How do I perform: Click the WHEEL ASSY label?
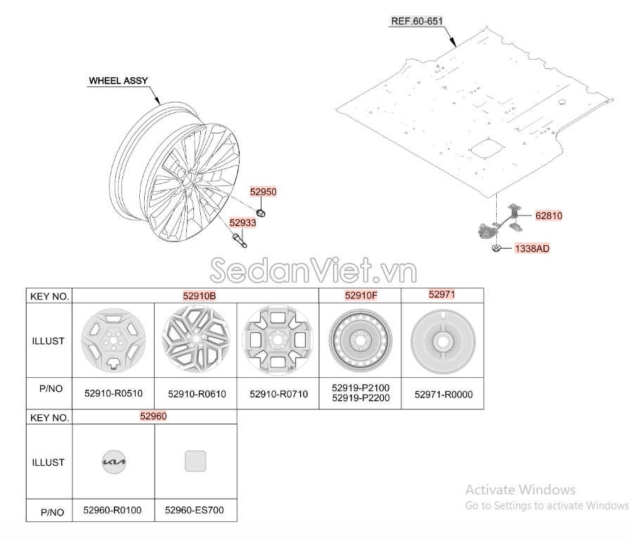click(x=118, y=81)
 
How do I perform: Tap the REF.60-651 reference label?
click(x=417, y=21)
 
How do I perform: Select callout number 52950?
click(x=263, y=192)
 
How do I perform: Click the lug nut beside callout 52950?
click(x=261, y=213)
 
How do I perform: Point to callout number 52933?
click(x=242, y=223)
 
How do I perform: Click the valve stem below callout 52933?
click(x=240, y=240)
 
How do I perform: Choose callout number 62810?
click(x=549, y=216)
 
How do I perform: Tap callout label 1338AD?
click(x=532, y=249)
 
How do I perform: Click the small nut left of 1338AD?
click(x=496, y=249)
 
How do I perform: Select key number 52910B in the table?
click(x=200, y=296)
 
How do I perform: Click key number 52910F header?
click(x=361, y=296)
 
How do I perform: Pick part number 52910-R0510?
click(x=114, y=393)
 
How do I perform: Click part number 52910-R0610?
click(x=197, y=394)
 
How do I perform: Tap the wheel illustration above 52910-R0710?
click(x=278, y=341)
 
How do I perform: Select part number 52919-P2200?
click(x=361, y=398)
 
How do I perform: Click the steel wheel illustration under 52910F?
click(x=361, y=341)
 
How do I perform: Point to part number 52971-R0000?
click(x=443, y=395)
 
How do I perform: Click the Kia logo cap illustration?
click(x=114, y=462)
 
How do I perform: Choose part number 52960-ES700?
click(x=195, y=510)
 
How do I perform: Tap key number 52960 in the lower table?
click(x=153, y=416)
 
